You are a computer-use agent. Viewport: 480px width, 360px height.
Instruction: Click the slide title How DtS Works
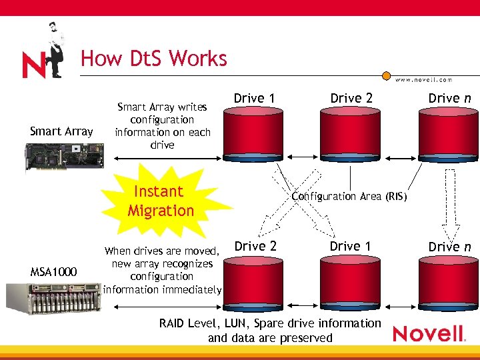(154, 59)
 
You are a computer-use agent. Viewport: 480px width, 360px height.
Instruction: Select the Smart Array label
(61, 131)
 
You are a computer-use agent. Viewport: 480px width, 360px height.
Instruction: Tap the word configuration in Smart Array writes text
(162, 119)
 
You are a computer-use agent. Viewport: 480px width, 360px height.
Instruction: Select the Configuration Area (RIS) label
(349, 197)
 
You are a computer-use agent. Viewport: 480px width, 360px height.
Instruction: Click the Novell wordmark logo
(428, 333)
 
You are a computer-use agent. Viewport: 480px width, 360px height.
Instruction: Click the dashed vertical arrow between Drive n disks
(450, 203)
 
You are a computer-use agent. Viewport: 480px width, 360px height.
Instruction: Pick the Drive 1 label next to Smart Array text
(254, 99)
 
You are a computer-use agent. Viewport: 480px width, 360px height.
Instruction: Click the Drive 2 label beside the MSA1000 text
(255, 246)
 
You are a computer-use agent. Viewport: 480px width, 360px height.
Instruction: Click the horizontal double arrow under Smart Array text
(166, 159)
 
